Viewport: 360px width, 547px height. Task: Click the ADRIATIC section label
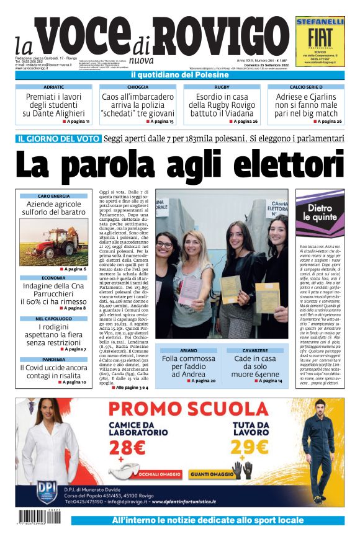pyautogui.click(x=54, y=87)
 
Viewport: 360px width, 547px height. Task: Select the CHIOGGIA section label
pyautogui.click(x=138, y=87)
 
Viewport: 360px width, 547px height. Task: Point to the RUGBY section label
pyautogui.click(x=222, y=87)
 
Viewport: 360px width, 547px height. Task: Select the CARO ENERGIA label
pyautogui.click(x=53, y=196)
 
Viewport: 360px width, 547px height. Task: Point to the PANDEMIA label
pyautogui.click(x=53, y=359)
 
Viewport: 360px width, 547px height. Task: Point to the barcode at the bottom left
pyautogui.click(x=41, y=517)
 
